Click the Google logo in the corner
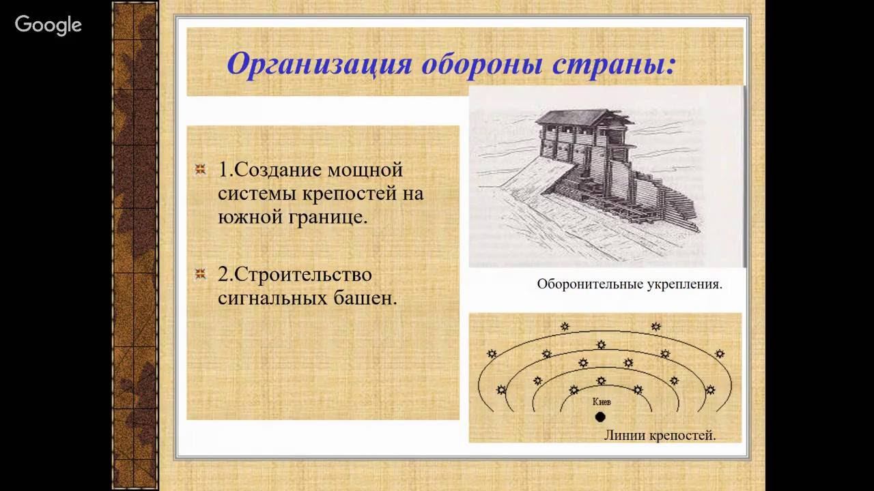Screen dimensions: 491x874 click(48, 25)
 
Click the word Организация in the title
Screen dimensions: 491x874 click(319, 64)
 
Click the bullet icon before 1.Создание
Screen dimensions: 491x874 click(200, 169)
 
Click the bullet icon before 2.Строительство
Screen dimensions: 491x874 click(200, 274)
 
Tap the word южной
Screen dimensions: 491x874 click(248, 218)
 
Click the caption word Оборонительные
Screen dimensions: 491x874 click(590, 284)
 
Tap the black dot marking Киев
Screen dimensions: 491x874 click(600, 417)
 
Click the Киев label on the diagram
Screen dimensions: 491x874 click(601, 402)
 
